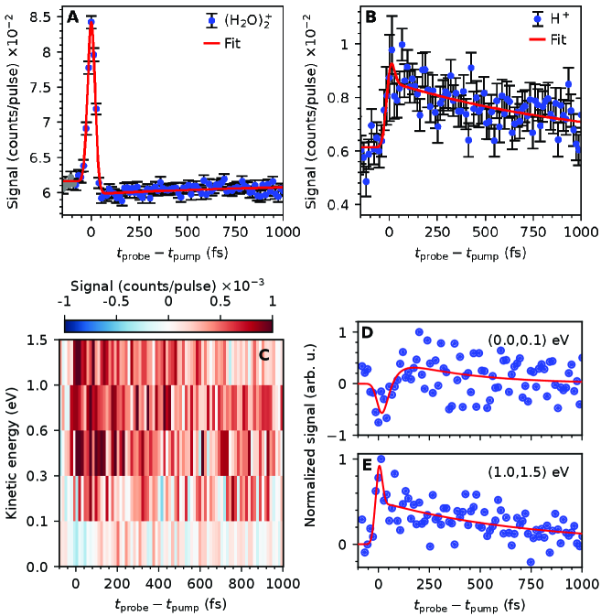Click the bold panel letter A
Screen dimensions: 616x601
[72, 16]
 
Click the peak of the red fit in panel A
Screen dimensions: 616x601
[91, 24]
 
